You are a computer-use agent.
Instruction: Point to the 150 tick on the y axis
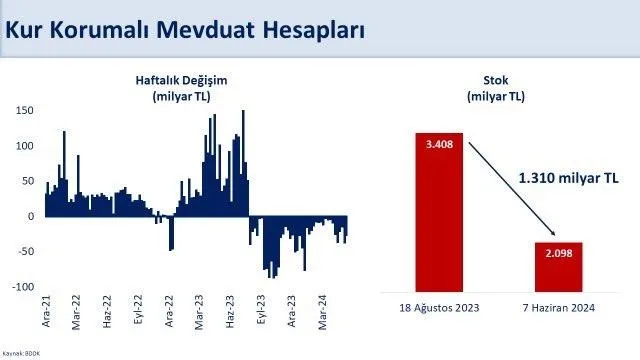click(x=25, y=110)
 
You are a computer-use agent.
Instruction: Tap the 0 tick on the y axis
click(x=31, y=216)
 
